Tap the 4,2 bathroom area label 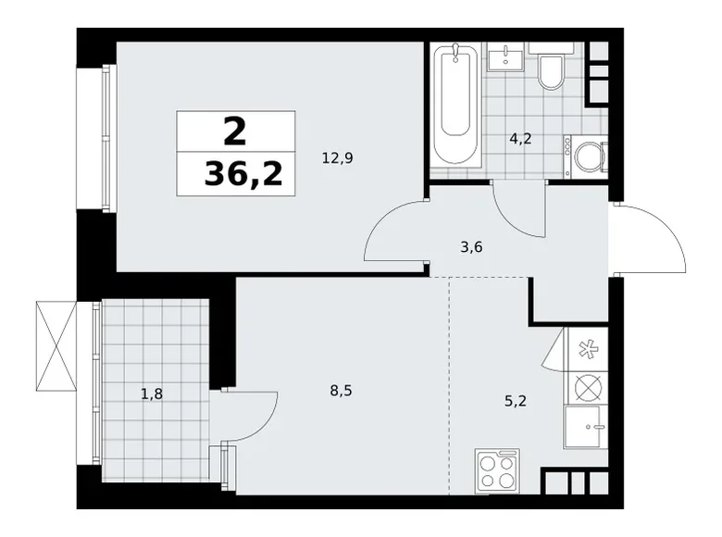[x=520, y=141]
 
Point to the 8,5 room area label [x=341, y=391]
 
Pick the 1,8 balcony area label [x=152, y=393]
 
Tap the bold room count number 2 [x=235, y=131]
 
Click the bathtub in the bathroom [x=457, y=105]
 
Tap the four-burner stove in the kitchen [x=497, y=469]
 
